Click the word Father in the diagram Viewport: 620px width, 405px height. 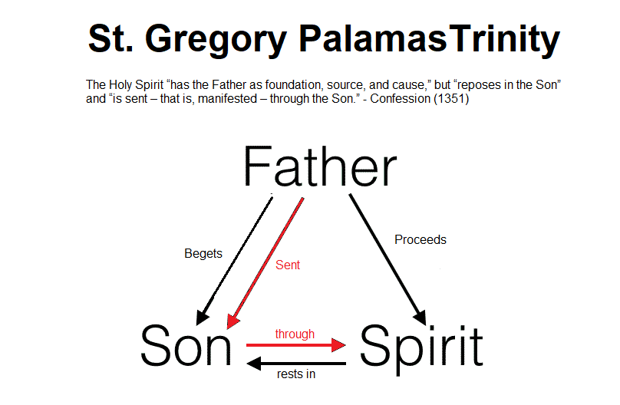tap(320, 166)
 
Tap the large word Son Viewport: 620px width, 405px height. tap(186, 345)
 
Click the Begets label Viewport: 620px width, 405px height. tap(203, 253)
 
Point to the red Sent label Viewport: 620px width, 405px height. tap(288, 265)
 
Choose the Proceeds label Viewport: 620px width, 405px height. tap(420, 239)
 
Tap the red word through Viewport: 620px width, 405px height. tap(295, 334)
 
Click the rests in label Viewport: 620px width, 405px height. tap(296, 374)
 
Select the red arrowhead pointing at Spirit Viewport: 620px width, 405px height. tap(338, 345)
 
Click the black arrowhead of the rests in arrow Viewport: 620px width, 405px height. tap(254, 364)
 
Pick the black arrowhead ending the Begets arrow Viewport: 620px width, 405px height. tap(202, 318)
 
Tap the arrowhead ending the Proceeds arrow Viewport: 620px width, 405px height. tap(420, 318)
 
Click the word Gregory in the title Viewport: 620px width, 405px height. tap(216, 41)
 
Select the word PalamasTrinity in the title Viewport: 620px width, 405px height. tap(430, 41)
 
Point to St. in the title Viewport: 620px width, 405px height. tap(110, 38)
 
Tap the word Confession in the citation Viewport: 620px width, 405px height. tap(400, 98)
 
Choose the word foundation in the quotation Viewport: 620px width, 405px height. tap(293, 84)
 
